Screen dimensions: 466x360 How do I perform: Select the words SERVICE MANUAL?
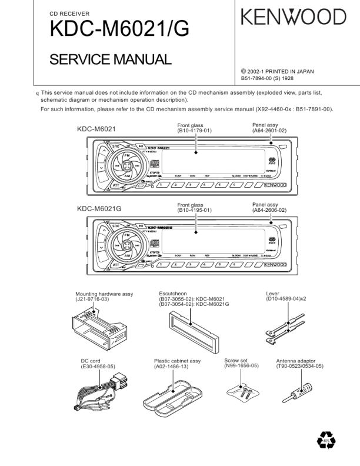point(110,59)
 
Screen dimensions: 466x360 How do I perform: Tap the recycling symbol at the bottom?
point(326,440)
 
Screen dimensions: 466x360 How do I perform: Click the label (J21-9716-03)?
point(92,299)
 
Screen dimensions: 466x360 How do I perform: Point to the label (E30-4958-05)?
point(98,367)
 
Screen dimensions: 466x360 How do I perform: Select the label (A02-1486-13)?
point(171,367)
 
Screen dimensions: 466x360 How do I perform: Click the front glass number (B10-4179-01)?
point(195,131)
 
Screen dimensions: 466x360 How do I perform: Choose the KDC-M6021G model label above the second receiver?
point(99,208)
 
